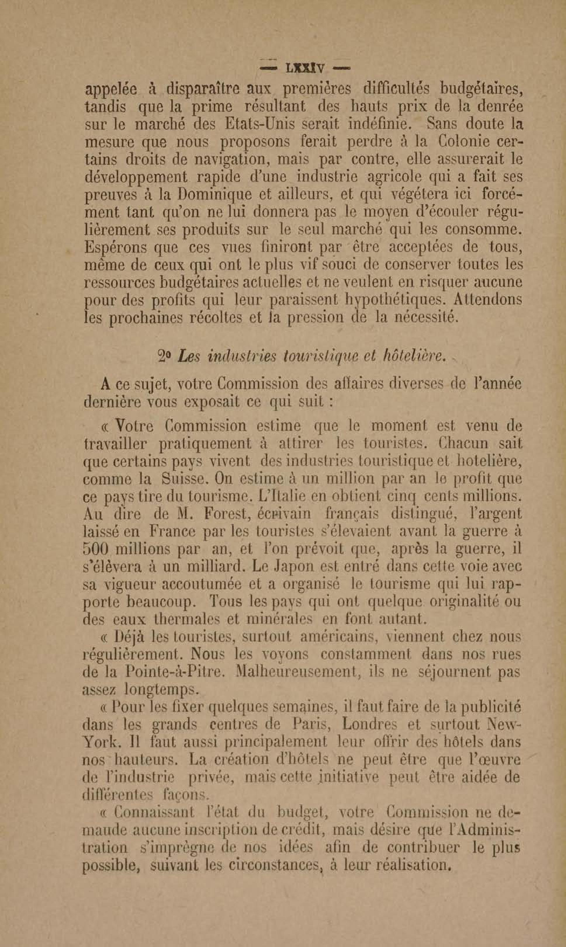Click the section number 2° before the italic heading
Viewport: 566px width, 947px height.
click(x=165, y=357)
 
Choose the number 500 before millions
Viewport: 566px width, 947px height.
click(x=96, y=550)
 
